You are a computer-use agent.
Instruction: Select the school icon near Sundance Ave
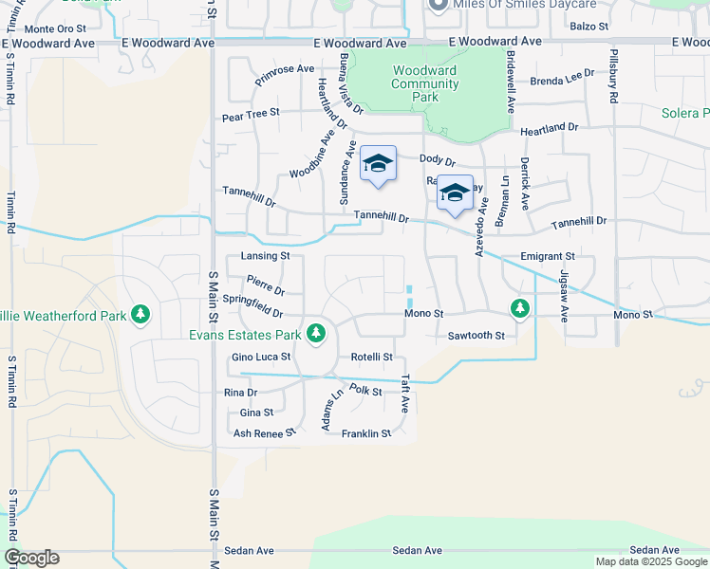point(377,164)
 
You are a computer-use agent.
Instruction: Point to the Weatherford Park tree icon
point(140,313)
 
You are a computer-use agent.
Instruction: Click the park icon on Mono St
point(519,307)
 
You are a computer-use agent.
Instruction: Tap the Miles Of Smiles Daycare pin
point(438,6)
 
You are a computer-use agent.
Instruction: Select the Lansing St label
point(265,256)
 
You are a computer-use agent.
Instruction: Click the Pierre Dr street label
point(265,284)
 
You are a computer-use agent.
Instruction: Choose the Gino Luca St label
point(261,358)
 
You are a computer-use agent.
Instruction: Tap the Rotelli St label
point(372,358)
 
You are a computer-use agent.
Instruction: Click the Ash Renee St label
point(265,433)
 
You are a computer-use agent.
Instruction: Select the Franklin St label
point(366,433)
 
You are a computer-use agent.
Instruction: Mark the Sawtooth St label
point(476,336)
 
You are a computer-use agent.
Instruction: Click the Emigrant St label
point(548,256)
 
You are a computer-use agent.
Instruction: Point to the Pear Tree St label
point(251,112)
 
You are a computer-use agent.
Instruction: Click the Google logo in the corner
point(31,558)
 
